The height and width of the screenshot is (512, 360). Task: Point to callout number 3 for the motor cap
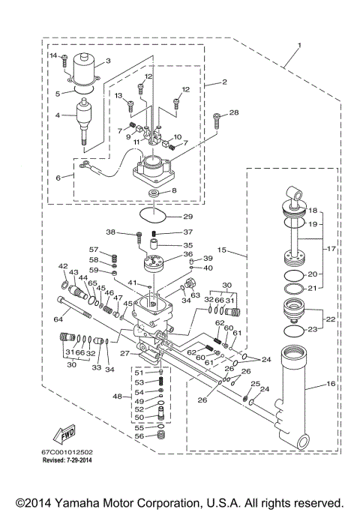click(108, 61)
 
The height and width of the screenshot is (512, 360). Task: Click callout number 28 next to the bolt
click(235, 112)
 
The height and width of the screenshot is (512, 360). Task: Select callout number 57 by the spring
click(94, 249)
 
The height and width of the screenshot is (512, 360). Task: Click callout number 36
click(187, 255)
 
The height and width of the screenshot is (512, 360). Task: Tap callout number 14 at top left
click(53, 56)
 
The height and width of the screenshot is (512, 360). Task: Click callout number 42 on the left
click(63, 266)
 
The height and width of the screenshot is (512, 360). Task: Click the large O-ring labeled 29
click(156, 216)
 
